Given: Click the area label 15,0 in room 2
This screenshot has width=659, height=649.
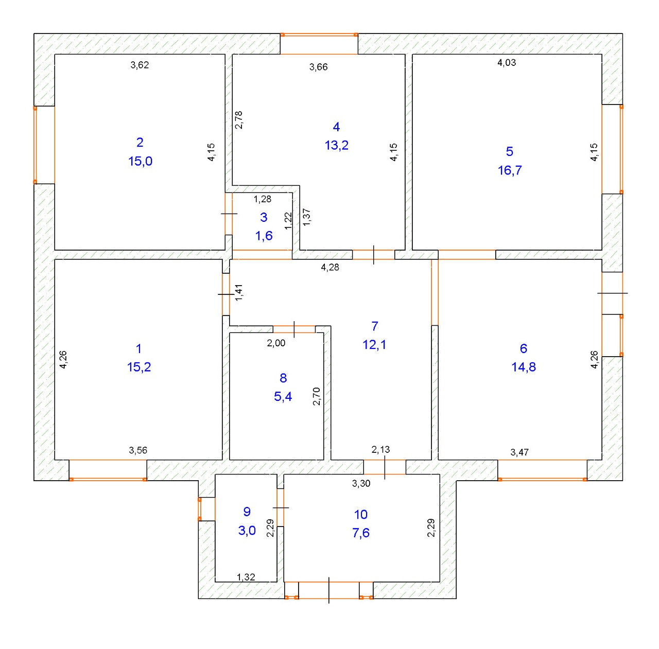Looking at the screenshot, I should [140, 161].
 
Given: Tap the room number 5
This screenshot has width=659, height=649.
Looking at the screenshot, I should [509, 151].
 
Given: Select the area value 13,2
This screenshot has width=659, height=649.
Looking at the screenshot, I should [336, 145].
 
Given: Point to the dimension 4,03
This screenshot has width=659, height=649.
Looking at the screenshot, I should [506, 63].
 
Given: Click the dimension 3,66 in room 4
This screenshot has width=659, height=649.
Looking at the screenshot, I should [318, 67].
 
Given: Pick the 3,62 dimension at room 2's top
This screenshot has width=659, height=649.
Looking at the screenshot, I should [140, 65].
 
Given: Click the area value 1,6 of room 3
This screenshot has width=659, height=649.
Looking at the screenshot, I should [264, 236].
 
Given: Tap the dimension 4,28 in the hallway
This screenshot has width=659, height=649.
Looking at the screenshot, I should [330, 267].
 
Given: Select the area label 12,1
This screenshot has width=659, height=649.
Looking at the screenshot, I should [374, 344].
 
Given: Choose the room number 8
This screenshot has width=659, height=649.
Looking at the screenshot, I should [283, 378].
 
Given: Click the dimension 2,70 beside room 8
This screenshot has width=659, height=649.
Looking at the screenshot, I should [317, 396].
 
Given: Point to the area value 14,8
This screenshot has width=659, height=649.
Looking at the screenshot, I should [524, 367].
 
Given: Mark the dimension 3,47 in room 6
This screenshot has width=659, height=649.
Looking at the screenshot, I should [519, 452].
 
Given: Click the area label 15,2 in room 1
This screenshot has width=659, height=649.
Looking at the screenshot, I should [139, 367].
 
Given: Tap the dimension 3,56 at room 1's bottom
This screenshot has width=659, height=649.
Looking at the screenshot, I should [138, 450].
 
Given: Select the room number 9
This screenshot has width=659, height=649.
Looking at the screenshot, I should [247, 512].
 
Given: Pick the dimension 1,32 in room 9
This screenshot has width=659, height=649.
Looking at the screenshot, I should [246, 577].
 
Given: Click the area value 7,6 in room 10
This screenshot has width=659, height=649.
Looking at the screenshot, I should [361, 533].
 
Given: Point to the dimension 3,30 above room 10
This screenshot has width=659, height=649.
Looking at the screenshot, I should [361, 483].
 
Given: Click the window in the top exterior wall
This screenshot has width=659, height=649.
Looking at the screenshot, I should [319, 35].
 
